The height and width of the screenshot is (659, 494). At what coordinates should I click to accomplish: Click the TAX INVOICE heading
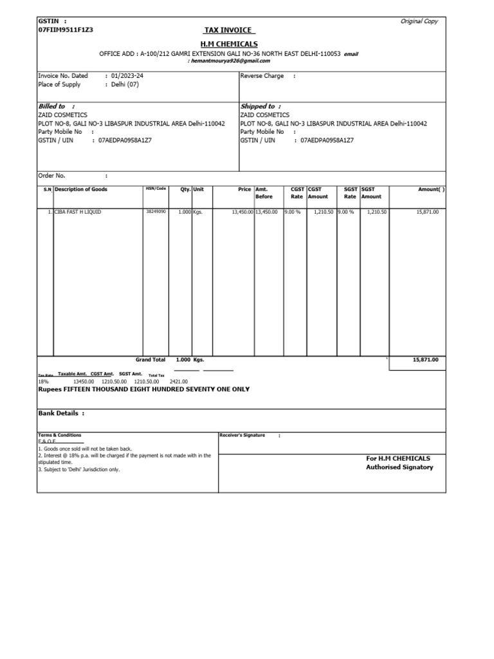click(229, 31)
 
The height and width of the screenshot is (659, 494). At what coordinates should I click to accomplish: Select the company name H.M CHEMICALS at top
click(230, 43)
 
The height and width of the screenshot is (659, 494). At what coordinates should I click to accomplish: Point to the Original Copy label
click(419, 21)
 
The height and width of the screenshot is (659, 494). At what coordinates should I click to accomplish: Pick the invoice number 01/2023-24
click(129, 76)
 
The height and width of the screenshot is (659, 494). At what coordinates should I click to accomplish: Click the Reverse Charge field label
click(261, 76)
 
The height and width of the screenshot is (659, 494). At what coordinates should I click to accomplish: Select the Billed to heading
click(53, 106)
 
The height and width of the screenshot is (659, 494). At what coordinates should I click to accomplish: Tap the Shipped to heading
click(257, 106)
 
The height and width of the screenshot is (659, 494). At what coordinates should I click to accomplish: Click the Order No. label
click(52, 175)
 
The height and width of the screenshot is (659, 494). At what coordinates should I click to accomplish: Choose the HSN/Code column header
click(156, 189)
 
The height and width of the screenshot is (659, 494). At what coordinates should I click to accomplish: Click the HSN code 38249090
click(156, 211)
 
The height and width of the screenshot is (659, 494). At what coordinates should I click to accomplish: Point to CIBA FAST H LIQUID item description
click(78, 211)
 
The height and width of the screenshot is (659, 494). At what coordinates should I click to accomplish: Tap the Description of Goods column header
click(81, 189)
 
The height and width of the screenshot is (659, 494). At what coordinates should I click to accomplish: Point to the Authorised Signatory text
click(399, 467)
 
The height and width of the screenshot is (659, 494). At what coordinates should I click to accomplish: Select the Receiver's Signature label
click(242, 435)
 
